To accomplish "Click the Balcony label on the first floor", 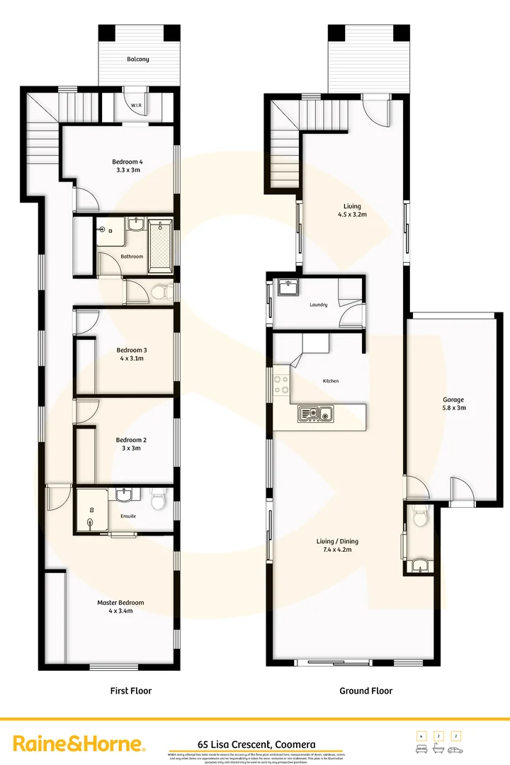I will point(138,59).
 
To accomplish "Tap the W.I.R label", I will point(137,106).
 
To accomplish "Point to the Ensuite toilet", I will point(159,501).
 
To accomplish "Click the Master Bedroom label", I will point(120,603).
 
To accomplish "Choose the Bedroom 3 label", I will point(131,350).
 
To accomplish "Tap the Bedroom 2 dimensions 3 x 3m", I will point(130,448).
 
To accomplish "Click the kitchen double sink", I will point(316,413).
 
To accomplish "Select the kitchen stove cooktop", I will point(281,383).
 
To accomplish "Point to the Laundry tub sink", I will point(288,288).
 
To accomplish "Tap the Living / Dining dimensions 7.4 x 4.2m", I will point(334,549).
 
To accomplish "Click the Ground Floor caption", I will point(365,691).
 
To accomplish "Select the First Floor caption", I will point(131,691).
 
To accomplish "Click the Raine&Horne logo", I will point(80,744).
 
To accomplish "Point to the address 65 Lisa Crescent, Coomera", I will point(256,744).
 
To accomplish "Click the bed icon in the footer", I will point(421,749).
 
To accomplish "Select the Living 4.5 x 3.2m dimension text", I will point(351,214).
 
